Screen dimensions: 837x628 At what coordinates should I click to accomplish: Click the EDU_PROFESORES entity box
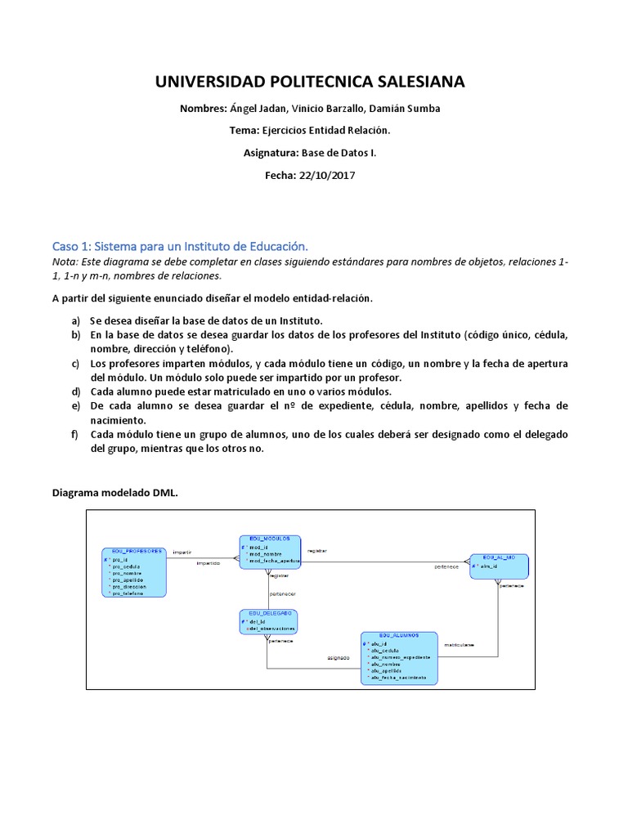(133, 572)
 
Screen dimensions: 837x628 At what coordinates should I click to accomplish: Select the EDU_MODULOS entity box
(270, 552)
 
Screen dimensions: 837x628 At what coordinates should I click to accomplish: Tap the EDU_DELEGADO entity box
(268, 621)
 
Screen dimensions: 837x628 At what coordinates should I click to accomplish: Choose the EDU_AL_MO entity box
(499, 566)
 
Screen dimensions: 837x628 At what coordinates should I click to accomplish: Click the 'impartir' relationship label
(182, 553)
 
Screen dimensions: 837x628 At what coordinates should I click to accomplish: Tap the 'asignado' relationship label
(339, 656)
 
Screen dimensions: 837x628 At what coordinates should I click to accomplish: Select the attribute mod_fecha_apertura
(274, 561)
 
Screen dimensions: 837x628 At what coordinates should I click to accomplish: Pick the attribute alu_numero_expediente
(401, 656)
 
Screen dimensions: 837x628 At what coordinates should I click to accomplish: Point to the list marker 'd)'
(76, 392)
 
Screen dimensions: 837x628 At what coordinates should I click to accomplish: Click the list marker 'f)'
(76, 434)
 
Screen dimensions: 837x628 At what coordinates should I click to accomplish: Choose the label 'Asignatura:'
(271, 153)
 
